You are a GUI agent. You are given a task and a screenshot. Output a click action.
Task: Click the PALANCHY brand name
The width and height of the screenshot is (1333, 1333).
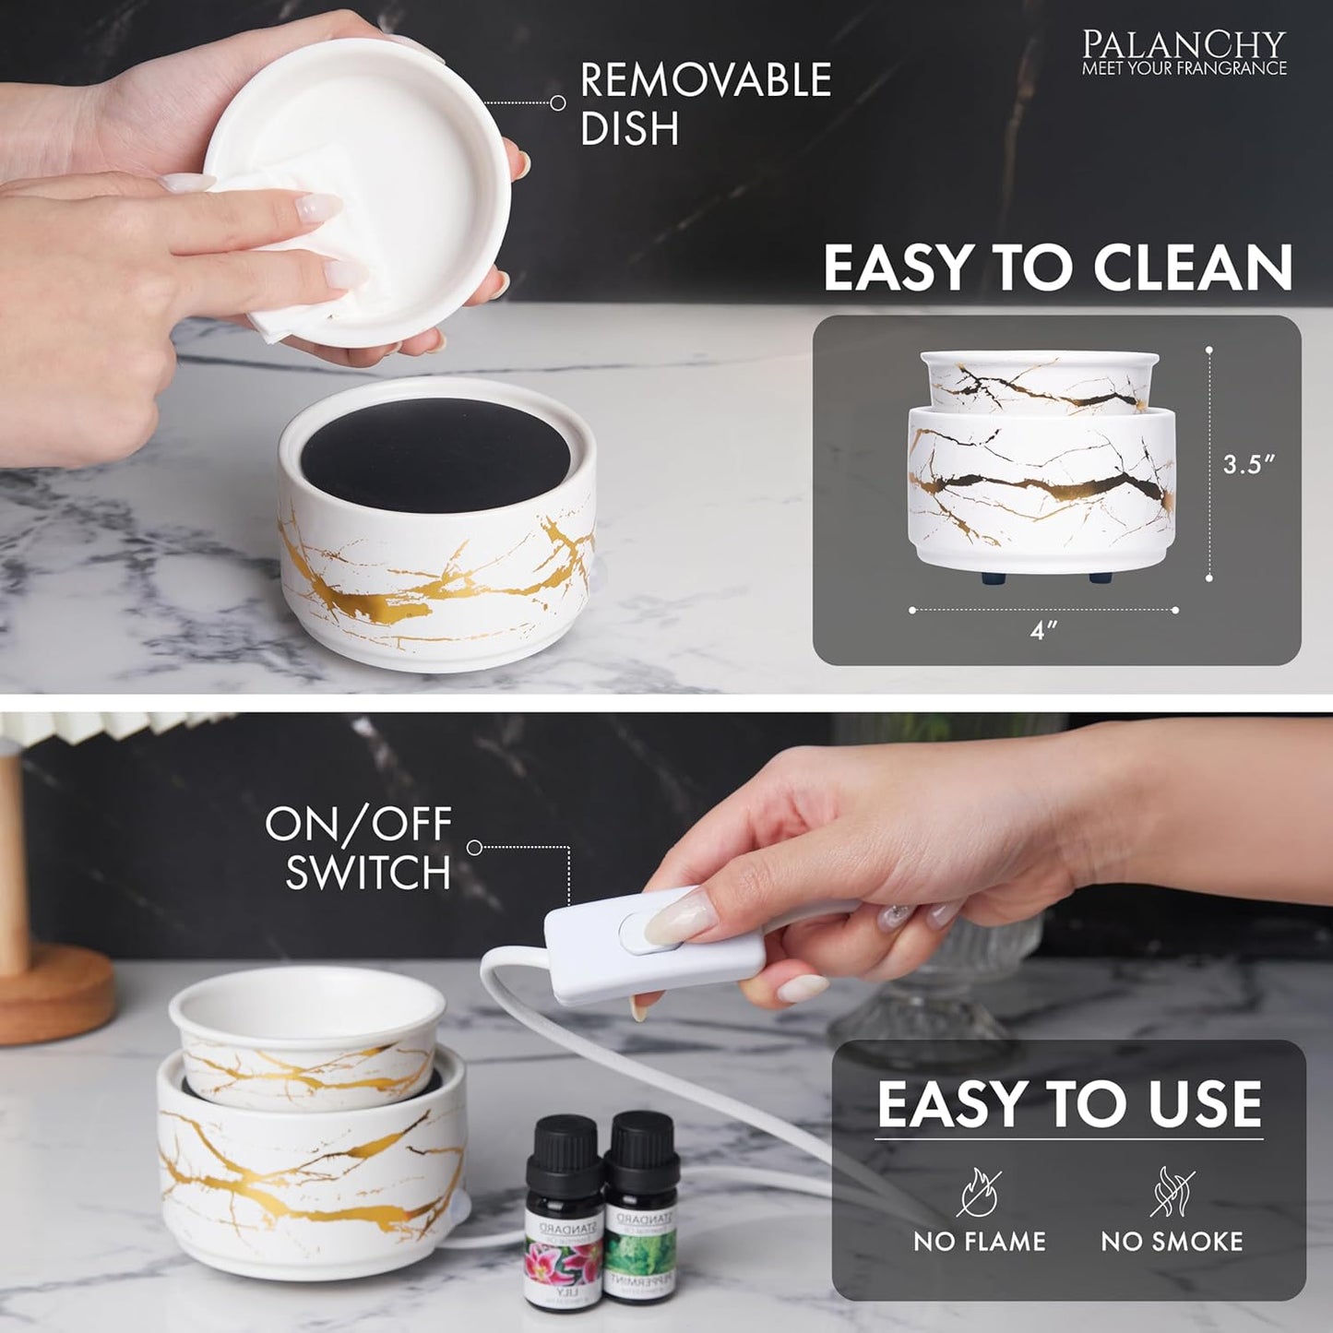pyautogui.click(x=1184, y=43)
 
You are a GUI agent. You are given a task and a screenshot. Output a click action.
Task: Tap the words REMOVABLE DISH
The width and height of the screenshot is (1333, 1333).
pyautogui.click(x=705, y=103)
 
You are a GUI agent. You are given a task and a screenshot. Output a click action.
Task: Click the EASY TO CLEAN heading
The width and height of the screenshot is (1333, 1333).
pyautogui.click(x=1057, y=268)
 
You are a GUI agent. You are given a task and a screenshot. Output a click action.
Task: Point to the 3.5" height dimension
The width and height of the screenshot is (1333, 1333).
pyautogui.click(x=1248, y=464)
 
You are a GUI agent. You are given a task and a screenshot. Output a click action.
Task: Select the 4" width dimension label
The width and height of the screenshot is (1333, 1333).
pyautogui.click(x=1042, y=633)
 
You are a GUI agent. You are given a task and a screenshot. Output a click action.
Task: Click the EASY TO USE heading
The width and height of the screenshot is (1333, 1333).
pyautogui.click(x=1068, y=1104)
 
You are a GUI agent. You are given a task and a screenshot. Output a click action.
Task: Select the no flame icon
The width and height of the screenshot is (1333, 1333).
pyautogui.click(x=978, y=1192)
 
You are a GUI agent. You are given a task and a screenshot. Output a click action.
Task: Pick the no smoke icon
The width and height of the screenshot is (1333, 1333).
pyautogui.click(x=1172, y=1192)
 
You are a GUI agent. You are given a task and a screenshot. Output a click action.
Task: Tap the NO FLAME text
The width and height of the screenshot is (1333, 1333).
pyautogui.click(x=979, y=1242)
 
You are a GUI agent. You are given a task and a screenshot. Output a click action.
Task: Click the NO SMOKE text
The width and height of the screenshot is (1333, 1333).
pyautogui.click(x=1172, y=1242)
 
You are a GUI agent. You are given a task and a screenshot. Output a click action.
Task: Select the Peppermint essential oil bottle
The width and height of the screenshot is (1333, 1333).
pyautogui.click(x=642, y=1213)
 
